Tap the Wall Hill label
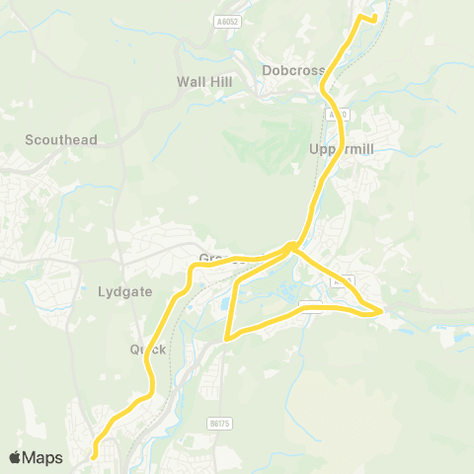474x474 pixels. coord(204,81)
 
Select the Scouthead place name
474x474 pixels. coord(62,140)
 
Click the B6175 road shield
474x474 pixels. coord(219,423)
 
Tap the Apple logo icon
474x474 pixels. coord(16,457)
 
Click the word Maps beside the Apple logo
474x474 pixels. coord(42,457)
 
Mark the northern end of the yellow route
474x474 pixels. coord(376,17)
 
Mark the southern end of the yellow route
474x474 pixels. coord(94,456)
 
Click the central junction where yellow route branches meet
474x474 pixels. coord(291,246)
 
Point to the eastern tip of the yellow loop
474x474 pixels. coord(380,313)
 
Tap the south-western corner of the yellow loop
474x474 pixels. coord(229,338)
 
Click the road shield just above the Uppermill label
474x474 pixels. coord(338,115)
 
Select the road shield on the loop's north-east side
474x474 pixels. coord(343,280)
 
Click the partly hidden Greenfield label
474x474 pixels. coord(213,259)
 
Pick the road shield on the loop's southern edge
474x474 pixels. coord(308,305)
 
